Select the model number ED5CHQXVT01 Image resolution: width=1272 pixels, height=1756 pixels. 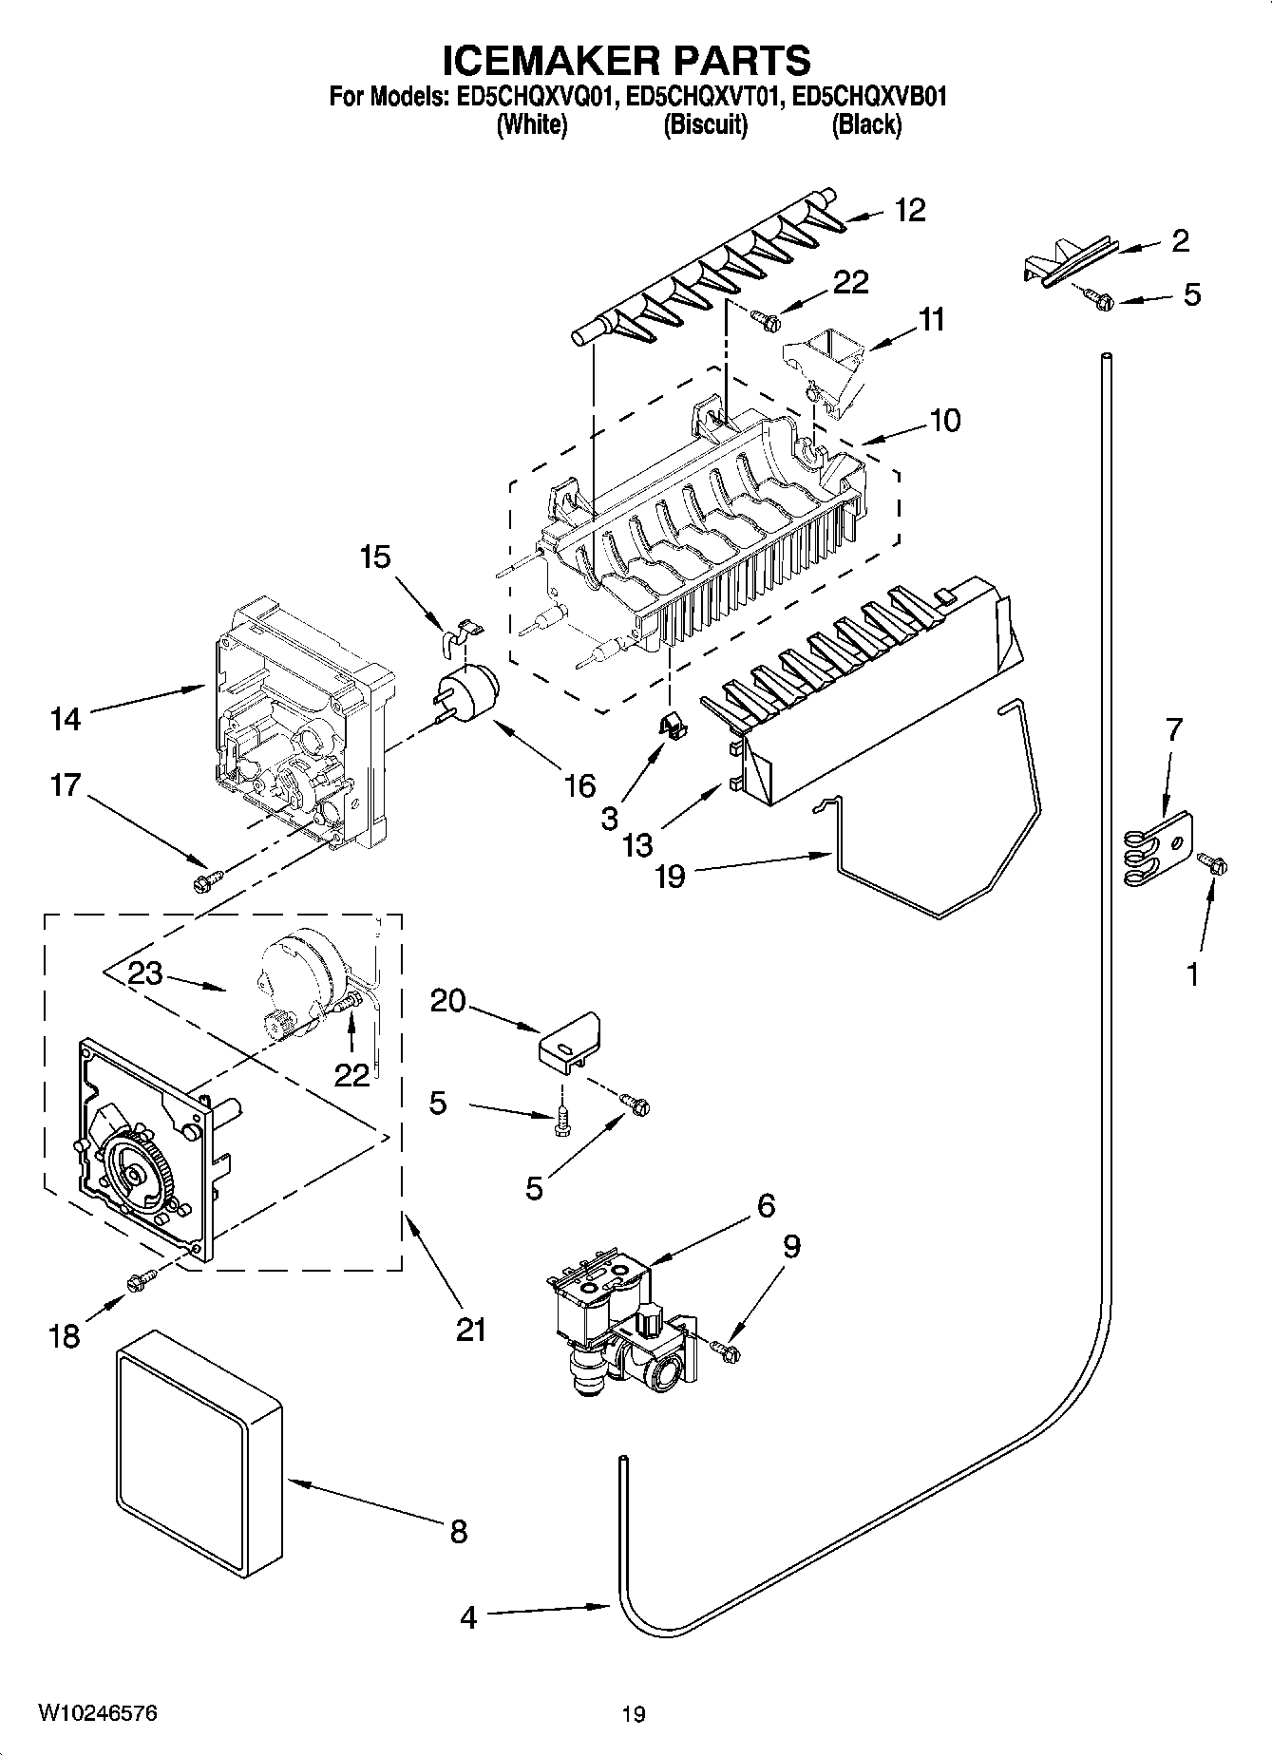pyautogui.click(x=704, y=96)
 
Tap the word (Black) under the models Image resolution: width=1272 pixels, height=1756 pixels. pyautogui.click(x=866, y=124)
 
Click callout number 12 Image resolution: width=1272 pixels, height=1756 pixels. pyautogui.click(x=909, y=210)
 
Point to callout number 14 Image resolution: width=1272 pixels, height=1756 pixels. pyautogui.click(x=66, y=719)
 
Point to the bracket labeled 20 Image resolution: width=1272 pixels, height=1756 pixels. pyautogui.click(x=570, y=1042)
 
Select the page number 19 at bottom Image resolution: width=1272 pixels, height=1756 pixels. pyautogui.click(x=634, y=1714)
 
